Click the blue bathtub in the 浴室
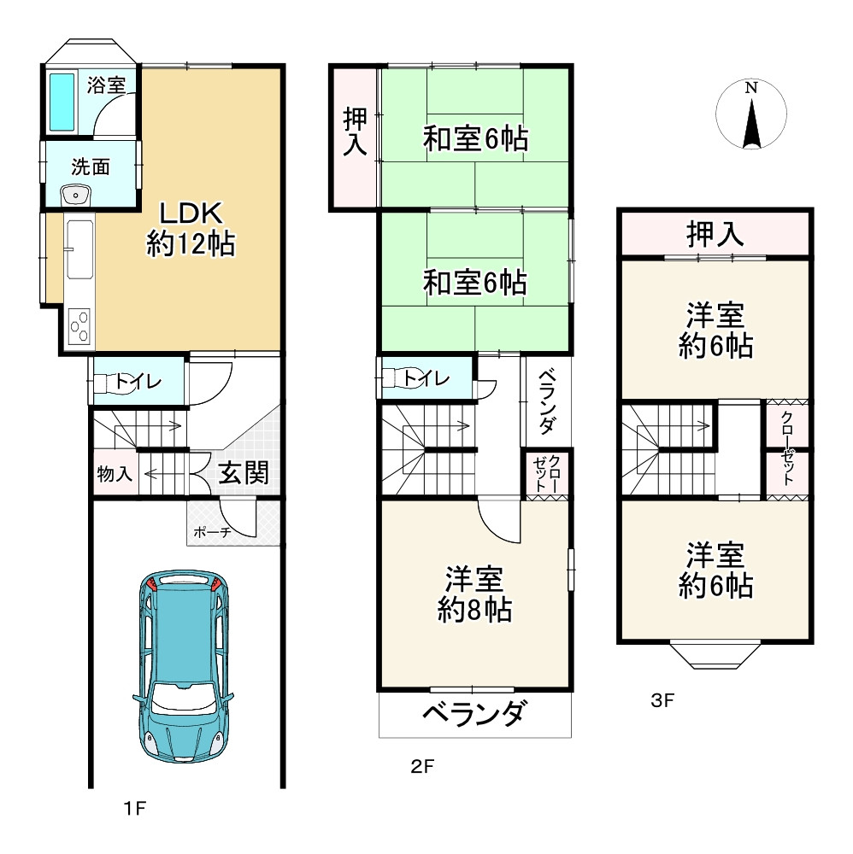62,102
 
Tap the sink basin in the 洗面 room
76,195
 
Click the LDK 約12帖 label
191,229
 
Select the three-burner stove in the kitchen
79,325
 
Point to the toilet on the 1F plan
112,382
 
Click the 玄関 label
244,473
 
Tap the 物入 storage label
115,473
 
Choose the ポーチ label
212,532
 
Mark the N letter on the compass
751,88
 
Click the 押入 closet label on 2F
355,132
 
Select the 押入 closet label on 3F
715,234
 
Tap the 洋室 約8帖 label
474,594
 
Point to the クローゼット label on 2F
546,473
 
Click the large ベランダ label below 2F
474,713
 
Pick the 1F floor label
135,808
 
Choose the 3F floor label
662,700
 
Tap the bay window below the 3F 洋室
715,656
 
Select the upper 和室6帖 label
475,138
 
